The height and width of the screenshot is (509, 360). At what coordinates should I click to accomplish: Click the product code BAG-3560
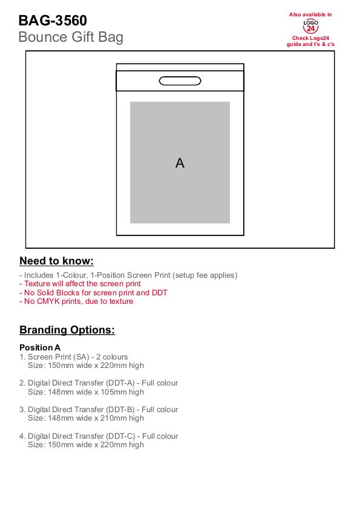(53, 21)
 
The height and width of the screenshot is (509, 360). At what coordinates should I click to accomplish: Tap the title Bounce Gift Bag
(71, 38)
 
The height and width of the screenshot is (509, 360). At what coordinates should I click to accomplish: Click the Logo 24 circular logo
(310, 26)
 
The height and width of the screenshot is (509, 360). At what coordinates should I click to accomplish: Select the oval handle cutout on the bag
(180, 81)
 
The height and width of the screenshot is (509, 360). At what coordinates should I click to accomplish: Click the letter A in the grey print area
(180, 163)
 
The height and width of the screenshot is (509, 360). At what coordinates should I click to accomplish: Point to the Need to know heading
(56, 261)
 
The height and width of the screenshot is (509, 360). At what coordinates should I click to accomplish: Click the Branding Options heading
(67, 330)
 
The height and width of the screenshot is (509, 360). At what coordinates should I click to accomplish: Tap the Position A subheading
(40, 347)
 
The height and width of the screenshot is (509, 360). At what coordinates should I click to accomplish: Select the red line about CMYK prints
(76, 301)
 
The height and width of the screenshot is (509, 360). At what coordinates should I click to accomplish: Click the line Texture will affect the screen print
(80, 284)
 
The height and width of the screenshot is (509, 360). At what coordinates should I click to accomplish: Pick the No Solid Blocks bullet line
(94, 292)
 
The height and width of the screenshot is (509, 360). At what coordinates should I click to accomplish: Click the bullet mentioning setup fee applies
(128, 275)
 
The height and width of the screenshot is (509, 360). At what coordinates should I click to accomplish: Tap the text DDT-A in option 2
(120, 383)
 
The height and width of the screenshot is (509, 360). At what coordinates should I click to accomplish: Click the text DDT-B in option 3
(120, 410)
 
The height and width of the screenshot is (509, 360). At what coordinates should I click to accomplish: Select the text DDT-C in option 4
(120, 436)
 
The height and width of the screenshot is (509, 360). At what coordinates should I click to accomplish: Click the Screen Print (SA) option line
(74, 357)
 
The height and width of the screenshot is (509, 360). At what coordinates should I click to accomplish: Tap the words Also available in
(310, 15)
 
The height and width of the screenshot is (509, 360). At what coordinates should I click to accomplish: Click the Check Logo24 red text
(310, 38)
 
